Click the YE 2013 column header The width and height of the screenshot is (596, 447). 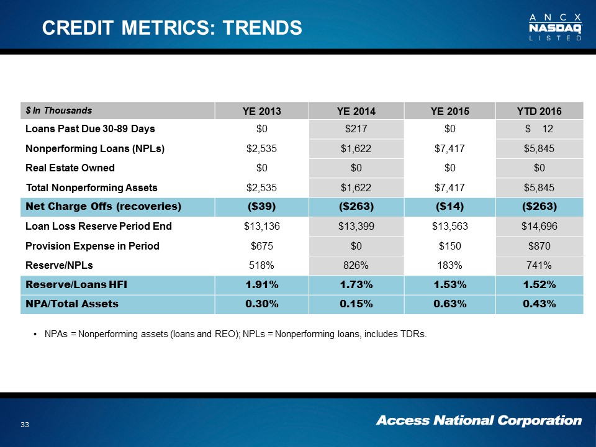261,112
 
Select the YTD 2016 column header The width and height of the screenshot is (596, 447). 540,112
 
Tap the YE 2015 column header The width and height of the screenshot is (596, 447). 449,112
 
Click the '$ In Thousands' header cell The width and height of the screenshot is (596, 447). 59,111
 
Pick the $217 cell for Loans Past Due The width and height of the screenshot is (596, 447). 356,129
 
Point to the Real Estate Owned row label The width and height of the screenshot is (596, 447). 70,168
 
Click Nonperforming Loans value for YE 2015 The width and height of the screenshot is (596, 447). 449,148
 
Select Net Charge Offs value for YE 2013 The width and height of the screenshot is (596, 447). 261,206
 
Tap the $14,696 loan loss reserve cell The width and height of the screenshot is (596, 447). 540,227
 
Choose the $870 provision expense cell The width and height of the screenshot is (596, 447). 540,246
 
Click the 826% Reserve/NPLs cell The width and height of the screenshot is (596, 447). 356,265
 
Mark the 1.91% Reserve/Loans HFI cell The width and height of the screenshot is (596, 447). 261,285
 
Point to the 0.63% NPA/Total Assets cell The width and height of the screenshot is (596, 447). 449,304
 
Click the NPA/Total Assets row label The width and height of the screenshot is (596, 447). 71,304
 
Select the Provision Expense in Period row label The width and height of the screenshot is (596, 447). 92,246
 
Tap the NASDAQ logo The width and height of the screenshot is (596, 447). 555,27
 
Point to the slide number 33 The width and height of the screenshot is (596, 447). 25,425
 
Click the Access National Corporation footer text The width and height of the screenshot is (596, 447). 479,421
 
